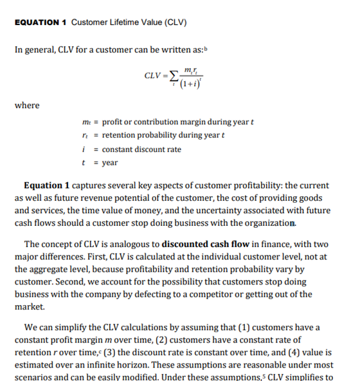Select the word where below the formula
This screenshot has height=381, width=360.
click(x=26, y=106)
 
